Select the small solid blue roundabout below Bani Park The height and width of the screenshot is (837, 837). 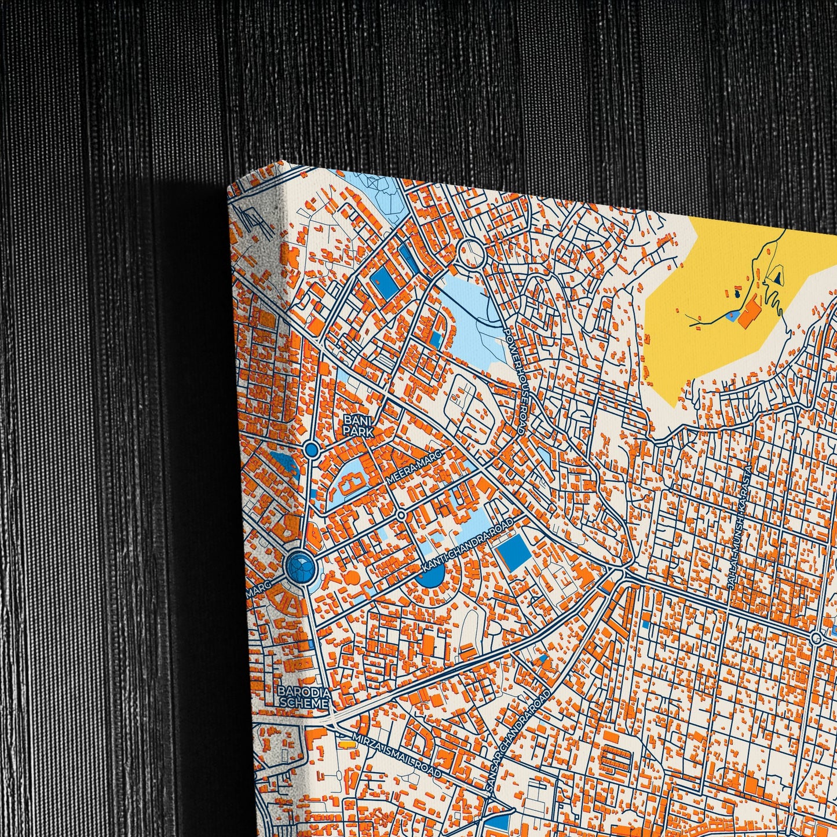tap(312, 449)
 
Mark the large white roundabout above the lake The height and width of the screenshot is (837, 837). tap(470, 253)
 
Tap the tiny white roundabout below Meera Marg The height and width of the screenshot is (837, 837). tap(401, 514)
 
